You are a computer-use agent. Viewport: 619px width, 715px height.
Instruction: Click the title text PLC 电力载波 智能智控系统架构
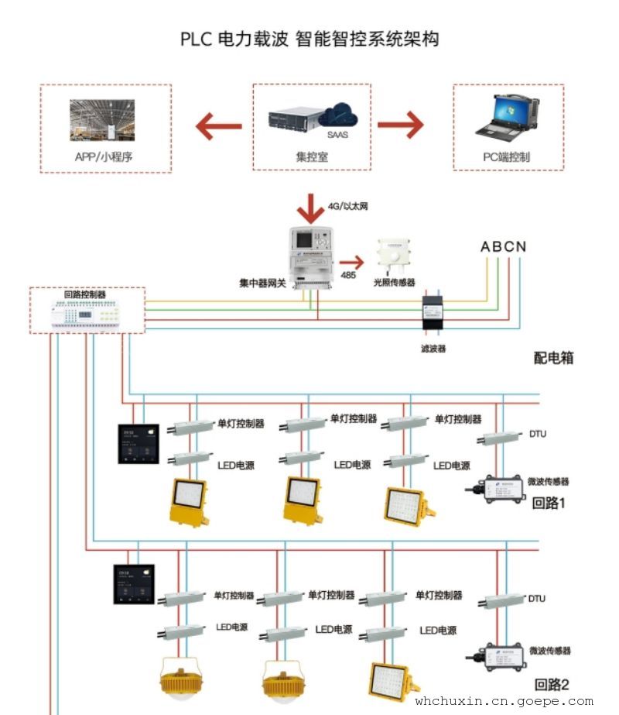click(x=309, y=39)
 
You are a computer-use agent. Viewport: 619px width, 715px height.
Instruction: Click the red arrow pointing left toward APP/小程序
click(x=219, y=125)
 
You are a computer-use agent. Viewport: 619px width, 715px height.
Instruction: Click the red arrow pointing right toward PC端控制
click(x=401, y=125)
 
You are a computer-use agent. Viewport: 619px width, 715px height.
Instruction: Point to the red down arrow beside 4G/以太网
click(x=312, y=207)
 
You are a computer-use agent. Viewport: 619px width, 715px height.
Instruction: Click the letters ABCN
click(x=503, y=247)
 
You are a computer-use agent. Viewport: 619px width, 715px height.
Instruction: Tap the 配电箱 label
click(x=553, y=358)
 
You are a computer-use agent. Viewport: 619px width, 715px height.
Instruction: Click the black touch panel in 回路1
click(x=139, y=444)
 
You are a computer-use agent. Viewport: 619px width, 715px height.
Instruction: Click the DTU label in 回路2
click(x=536, y=599)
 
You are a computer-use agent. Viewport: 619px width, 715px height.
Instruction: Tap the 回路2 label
click(x=552, y=684)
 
